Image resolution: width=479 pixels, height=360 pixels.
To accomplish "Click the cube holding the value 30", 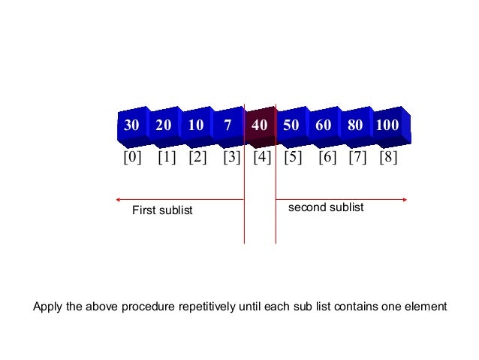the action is click(131, 126).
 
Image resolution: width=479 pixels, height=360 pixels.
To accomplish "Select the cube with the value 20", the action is click(164, 126).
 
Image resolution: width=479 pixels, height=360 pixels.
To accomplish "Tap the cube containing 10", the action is click(196, 126).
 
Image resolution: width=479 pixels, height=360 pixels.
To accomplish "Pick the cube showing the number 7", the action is click(227, 126).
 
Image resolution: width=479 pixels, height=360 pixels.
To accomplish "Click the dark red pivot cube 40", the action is click(260, 126).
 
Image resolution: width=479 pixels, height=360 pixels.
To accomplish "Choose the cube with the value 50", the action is click(292, 126).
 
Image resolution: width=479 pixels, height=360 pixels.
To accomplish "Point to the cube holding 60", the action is click(324, 126).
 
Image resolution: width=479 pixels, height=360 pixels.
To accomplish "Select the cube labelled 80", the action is click(355, 126).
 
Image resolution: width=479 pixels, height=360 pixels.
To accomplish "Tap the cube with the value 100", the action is click(387, 126).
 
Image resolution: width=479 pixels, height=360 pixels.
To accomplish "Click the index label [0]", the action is click(132, 158).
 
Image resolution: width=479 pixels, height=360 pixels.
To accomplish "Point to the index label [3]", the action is click(232, 158).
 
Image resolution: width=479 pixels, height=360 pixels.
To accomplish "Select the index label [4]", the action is click(262, 158).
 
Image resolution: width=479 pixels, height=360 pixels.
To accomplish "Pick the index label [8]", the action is click(388, 158).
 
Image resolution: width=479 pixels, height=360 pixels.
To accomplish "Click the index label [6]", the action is click(327, 158).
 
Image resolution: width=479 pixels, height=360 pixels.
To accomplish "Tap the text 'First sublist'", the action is click(162, 210).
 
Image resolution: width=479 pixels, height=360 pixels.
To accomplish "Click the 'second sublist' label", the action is click(326, 207).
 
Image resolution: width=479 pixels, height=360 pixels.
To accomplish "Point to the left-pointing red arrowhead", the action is click(118, 199).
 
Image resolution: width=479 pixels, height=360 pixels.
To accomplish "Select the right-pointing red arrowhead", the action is click(405, 199).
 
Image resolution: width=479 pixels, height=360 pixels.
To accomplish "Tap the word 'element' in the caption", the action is click(428, 307).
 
